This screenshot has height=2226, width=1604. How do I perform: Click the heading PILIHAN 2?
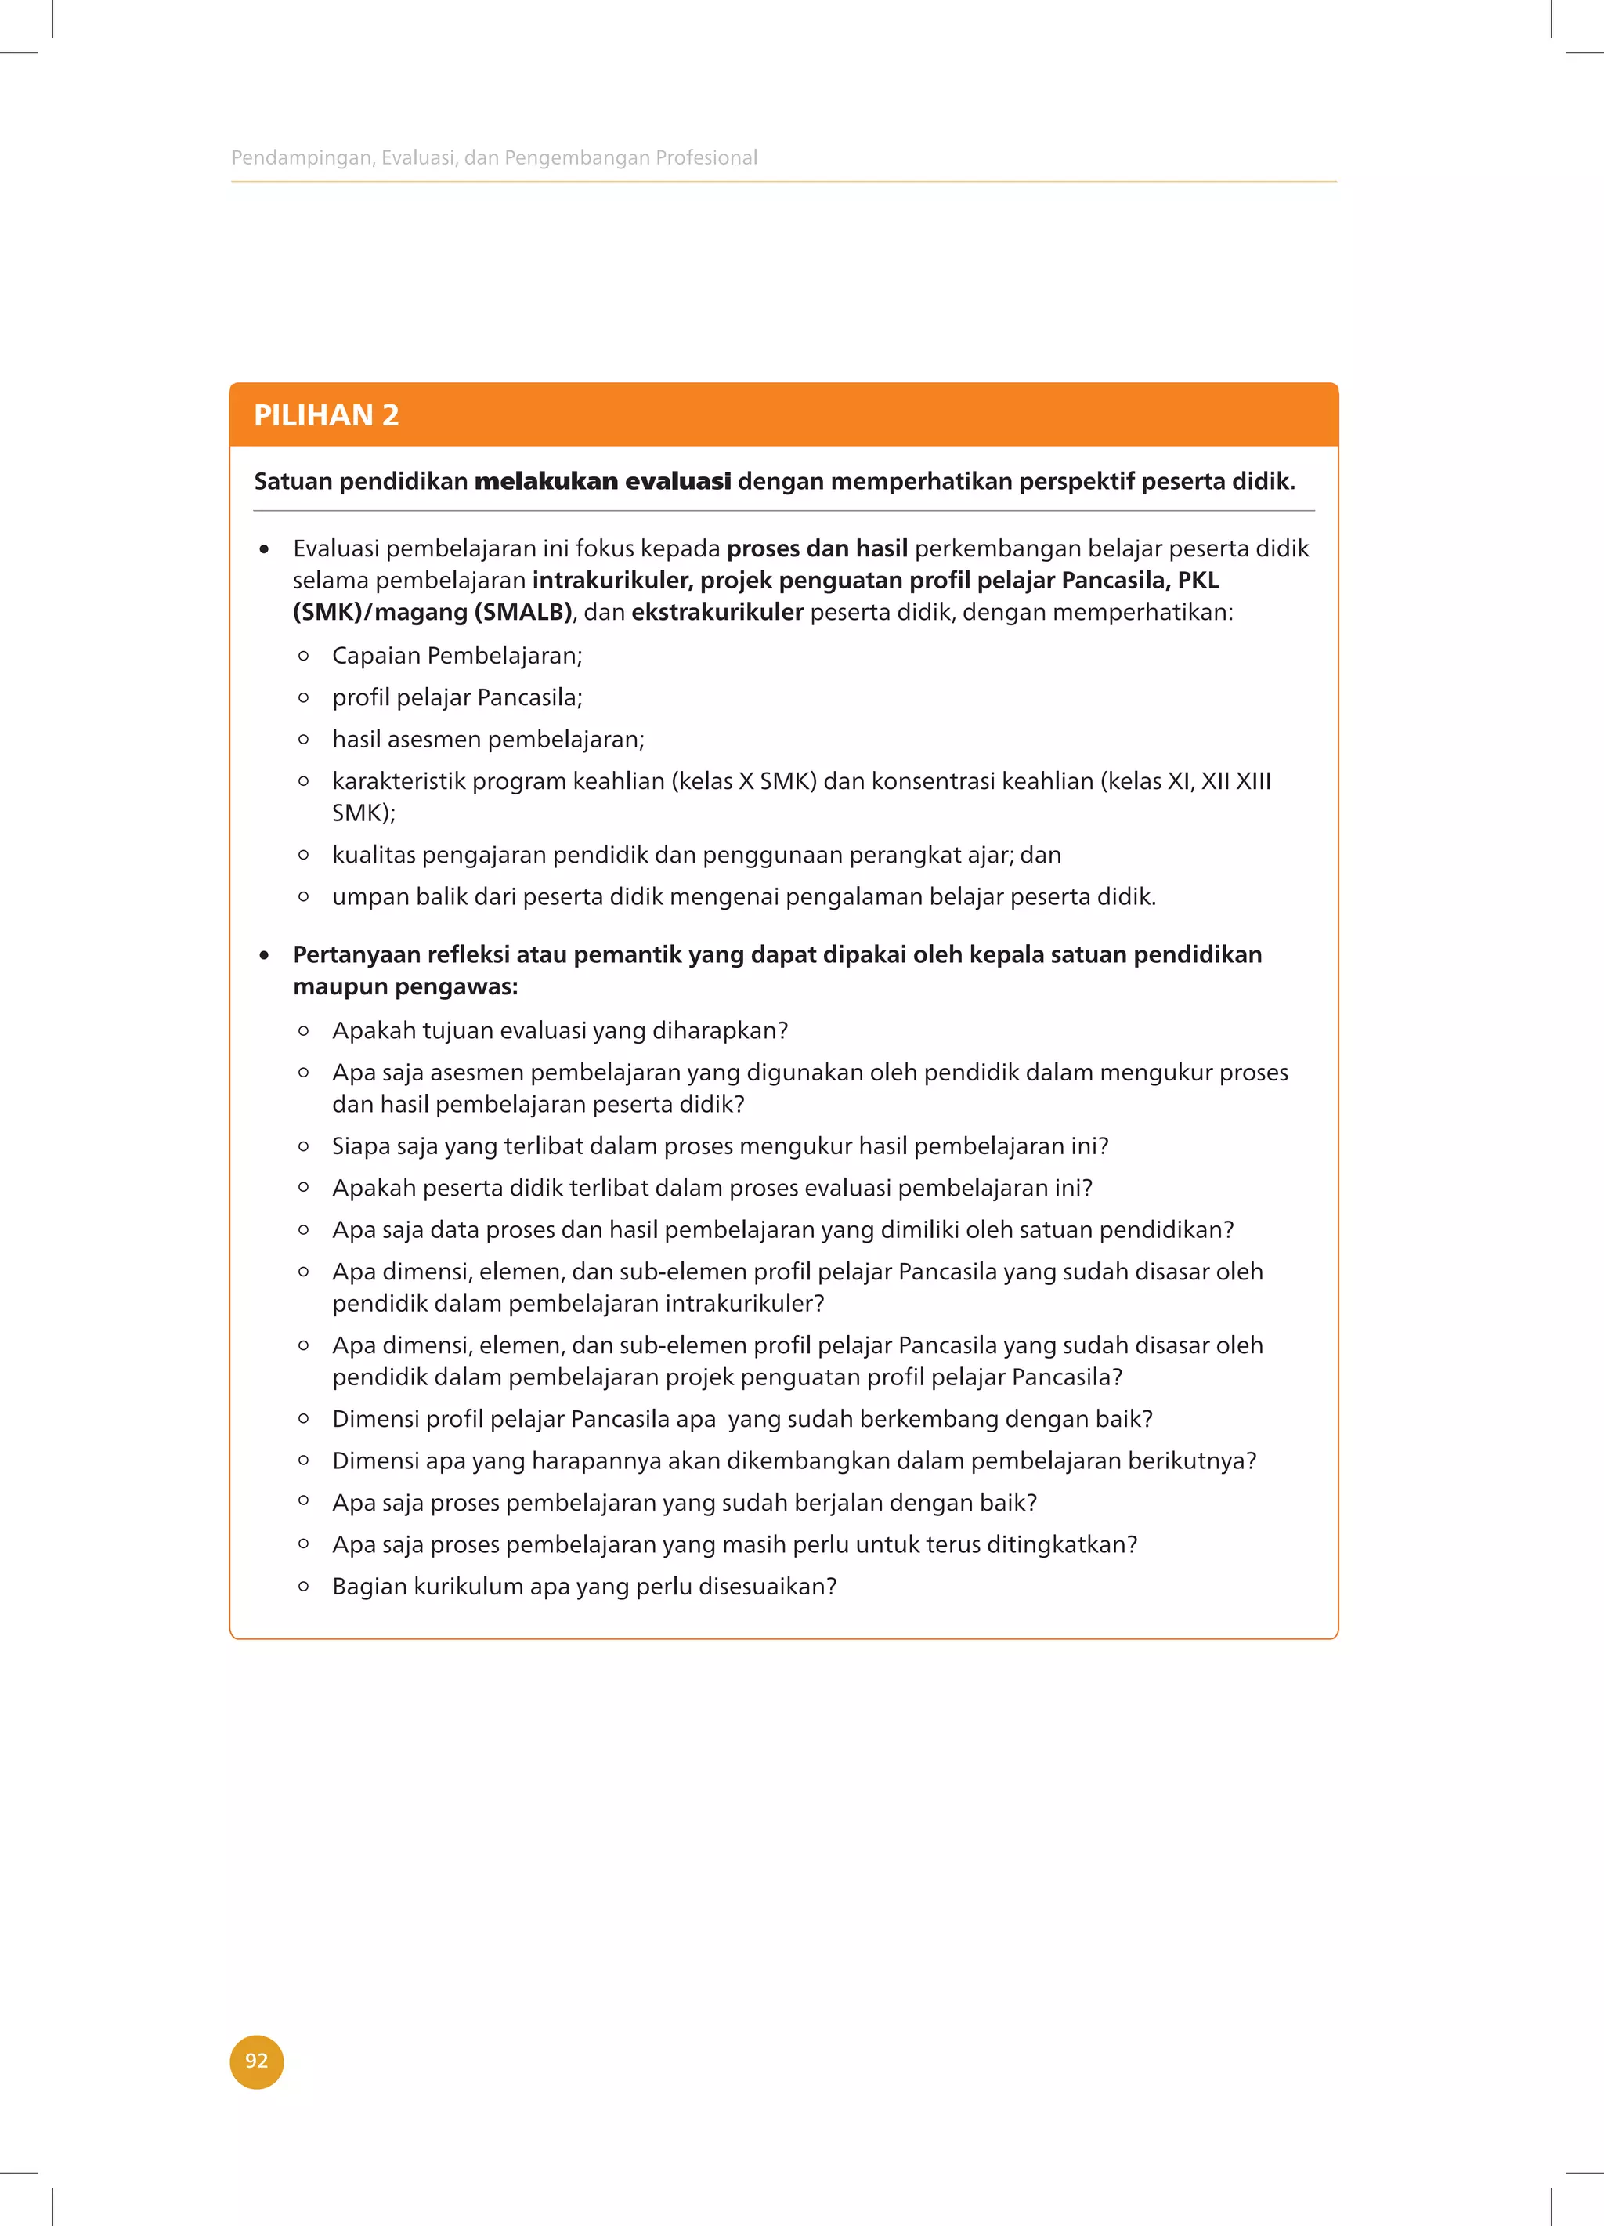326,415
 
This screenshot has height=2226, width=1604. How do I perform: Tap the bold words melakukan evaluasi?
602,481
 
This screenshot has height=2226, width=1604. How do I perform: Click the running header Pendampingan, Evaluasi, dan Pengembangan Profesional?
493,157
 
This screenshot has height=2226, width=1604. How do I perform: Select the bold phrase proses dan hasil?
816,548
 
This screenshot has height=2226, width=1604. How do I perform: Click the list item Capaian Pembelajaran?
456,655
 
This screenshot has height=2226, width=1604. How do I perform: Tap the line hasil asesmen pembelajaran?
488,739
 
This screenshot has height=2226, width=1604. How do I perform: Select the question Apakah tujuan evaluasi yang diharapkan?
559,1030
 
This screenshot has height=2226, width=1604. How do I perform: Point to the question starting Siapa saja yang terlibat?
720,1146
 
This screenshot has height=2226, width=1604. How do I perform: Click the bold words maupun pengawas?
405,986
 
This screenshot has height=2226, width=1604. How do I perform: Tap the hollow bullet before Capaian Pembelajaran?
303,655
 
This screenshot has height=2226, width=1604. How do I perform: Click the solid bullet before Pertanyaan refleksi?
264,955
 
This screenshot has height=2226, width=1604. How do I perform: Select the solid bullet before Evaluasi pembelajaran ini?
264,549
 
